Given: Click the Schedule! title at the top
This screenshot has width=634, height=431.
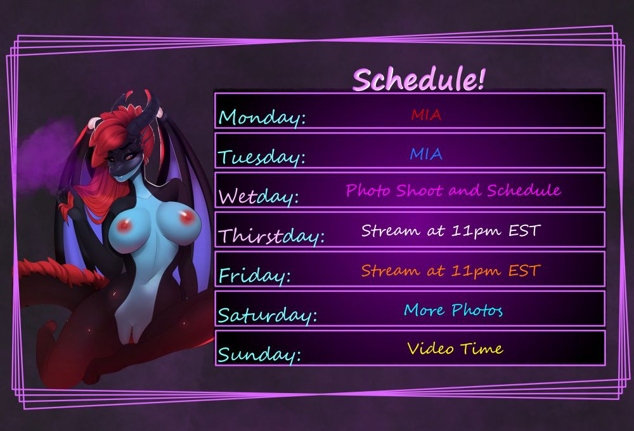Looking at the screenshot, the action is [418, 79].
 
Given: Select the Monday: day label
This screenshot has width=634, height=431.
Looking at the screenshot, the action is [262, 118].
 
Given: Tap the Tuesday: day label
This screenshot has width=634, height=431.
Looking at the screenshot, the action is [261, 158].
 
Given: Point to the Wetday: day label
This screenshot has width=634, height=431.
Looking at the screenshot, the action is [259, 197].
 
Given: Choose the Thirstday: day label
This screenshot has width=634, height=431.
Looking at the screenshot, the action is [271, 236].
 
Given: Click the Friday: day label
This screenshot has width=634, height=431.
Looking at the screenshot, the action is [255, 276].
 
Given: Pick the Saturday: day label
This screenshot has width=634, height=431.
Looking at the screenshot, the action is [268, 315].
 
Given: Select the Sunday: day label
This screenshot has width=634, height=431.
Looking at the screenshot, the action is [259, 354].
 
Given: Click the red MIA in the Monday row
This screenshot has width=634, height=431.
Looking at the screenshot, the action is [426, 115].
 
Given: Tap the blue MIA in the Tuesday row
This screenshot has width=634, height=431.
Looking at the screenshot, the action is [426, 154].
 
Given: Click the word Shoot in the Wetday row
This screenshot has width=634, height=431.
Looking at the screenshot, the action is [419, 190].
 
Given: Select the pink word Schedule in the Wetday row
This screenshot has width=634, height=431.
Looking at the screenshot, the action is [524, 190].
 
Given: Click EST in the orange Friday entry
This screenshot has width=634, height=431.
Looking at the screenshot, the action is [524, 270].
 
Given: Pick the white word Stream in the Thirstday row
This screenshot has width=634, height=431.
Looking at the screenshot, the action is [391, 230].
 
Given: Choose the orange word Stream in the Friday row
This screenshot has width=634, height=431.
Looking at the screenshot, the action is [391, 270].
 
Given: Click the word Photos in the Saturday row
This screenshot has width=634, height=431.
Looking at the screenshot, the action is [477, 309].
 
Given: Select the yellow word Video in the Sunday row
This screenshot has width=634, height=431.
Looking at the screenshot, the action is [430, 348].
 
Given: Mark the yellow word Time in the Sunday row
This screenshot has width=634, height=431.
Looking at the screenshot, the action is [482, 348].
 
